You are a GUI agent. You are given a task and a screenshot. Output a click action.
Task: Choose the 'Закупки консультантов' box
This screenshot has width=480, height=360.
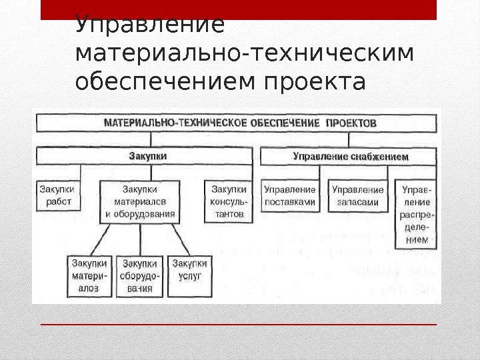[x=228, y=201]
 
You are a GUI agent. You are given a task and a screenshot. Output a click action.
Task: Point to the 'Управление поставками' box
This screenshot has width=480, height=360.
[x=289, y=195]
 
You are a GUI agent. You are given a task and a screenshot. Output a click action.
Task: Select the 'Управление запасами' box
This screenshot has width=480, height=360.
[x=357, y=195]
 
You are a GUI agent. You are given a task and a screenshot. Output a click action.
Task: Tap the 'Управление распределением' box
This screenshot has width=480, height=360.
[x=417, y=214]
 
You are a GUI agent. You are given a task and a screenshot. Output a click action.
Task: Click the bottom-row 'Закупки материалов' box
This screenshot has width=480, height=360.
[x=89, y=275]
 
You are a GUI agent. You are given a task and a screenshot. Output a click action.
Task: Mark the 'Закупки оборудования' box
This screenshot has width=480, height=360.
[x=139, y=275]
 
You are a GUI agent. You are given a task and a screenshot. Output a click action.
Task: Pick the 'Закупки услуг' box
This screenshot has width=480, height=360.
[x=189, y=270]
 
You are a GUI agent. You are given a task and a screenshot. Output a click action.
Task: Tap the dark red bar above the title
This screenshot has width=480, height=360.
[x=238, y=9]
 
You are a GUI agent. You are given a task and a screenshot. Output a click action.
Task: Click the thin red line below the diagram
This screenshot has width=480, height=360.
[x=238, y=324]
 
